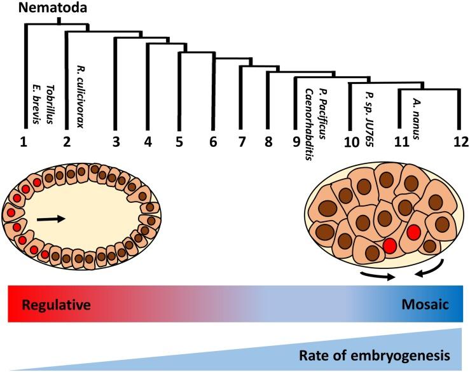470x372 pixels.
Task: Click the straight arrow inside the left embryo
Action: (x=50, y=219)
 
